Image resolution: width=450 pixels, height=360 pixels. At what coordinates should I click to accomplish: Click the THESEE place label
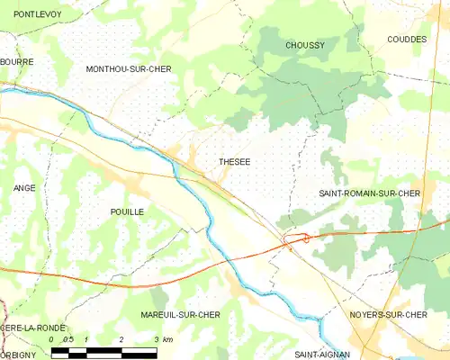235,162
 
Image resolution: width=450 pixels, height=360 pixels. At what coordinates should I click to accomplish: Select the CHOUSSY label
304,45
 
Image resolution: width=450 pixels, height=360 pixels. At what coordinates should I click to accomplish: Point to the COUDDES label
407,40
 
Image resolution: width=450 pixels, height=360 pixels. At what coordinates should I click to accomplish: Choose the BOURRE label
17,62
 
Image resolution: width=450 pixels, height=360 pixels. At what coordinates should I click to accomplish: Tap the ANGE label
23,188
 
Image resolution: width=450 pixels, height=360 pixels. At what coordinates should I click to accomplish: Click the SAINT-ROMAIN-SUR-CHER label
370,193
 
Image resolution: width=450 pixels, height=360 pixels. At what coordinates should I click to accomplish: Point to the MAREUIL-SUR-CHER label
180,315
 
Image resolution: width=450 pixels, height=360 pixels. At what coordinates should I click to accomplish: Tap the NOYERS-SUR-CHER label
387,315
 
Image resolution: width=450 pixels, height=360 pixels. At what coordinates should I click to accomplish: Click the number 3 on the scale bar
157,339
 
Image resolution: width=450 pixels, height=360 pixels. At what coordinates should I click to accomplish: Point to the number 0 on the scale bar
52,339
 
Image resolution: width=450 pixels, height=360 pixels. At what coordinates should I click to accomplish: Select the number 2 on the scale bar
121,339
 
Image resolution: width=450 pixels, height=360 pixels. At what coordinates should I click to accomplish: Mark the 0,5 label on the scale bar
68,339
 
